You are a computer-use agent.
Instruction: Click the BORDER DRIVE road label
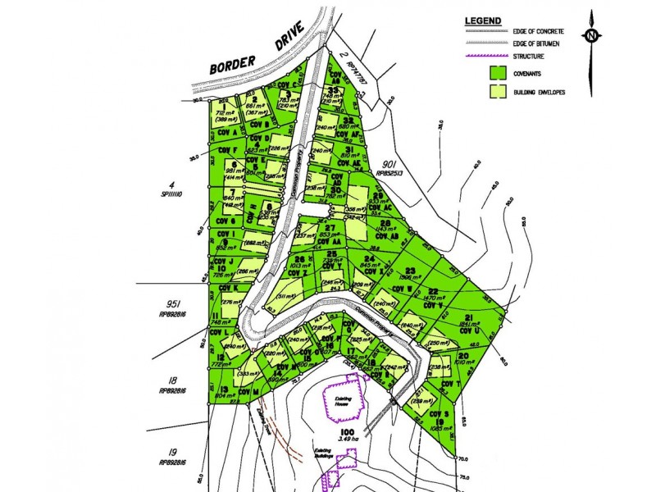pos(246,53)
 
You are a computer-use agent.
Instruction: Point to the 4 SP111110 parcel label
pos(173,189)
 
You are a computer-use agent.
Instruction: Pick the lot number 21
pos(468,318)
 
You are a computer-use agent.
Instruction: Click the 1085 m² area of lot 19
pos(439,429)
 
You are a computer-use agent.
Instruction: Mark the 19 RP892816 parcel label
pos(173,457)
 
